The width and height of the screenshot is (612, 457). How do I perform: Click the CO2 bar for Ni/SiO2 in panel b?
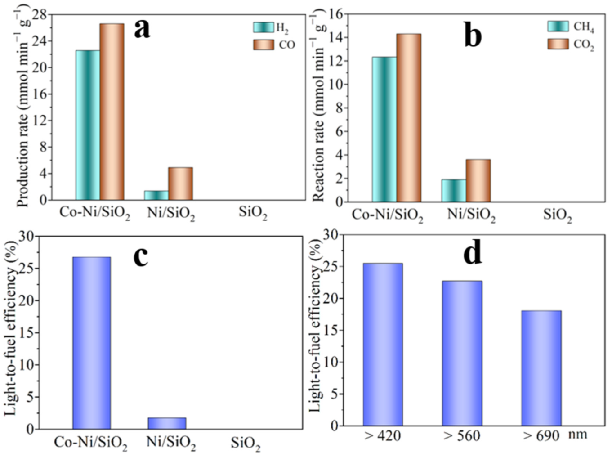pyautogui.click(x=478, y=180)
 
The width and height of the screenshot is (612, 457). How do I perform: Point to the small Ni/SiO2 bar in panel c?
pyautogui.click(x=167, y=423)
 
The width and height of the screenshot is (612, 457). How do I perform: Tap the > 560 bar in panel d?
pyautogui.click(x=462, y=353)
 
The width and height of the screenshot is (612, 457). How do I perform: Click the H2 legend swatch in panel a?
pyautogui.click(x=263, y=27)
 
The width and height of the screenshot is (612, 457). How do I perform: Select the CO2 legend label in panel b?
pyautogui.click(x=584, y=45)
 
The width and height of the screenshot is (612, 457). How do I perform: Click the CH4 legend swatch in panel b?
pyautogui.click(x=558, y=26)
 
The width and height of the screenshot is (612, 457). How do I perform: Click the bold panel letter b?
pyautogui.click(x=472, y=36)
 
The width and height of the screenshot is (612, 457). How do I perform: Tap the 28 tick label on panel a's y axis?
pyautogui.click(x=40, y=14)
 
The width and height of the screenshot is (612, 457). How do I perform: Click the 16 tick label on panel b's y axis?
pyautogui.click(x=337, y=14)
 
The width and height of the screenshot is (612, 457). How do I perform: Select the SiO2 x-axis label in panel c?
pyautogui.click(x=246, y=444)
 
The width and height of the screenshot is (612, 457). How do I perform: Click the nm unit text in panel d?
pyautogui.click(x=577, y=434)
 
